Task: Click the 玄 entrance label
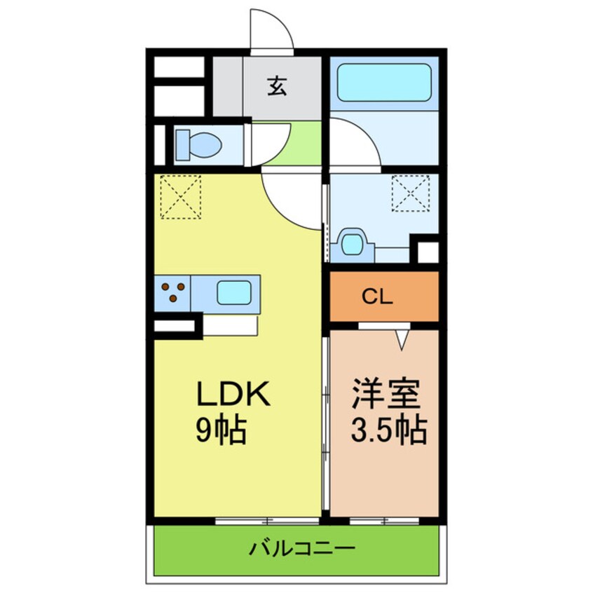[277, 86]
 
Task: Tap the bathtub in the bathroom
[384, 83]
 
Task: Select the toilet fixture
[198, 145]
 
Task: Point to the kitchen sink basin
[234, 292]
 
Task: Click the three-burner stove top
[173, 292]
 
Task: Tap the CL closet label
[377, 297]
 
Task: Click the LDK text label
[233, 395]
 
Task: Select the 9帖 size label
[221, 431]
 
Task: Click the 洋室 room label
[386, 394]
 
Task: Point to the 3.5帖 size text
[389, 430]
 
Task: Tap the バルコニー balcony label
[302, 548]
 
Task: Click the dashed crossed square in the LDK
[180, 197]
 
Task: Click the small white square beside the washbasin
[428, 252]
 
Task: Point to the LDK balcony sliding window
[267, 521]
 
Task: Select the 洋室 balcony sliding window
[384, 521]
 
